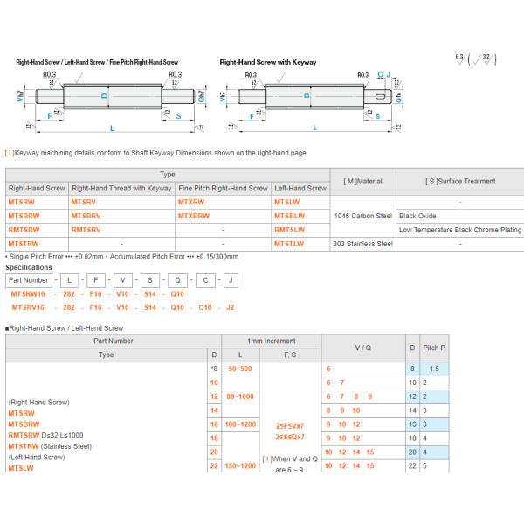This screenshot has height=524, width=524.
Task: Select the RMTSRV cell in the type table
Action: click(86, 229)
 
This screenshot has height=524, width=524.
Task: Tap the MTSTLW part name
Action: click(290, 243)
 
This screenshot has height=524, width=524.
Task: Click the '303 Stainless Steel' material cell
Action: click(363, 243)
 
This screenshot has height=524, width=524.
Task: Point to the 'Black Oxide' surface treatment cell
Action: click(418, 215)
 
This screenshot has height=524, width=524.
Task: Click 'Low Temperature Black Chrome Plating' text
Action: click(459, 229)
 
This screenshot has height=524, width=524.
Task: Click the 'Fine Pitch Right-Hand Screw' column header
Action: click(223, 188)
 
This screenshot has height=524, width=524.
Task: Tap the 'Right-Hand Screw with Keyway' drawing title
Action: click(268, 63)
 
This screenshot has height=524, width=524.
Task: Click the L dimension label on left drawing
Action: click(112, 128)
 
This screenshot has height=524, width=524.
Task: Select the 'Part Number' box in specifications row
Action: click(28, 280)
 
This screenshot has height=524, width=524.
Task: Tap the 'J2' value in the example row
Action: click(230, 307)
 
